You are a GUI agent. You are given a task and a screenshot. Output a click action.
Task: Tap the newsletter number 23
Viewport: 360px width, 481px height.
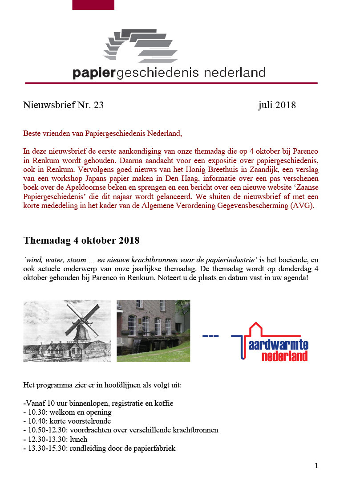[98, 105]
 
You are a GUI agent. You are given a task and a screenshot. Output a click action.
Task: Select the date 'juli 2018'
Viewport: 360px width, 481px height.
[276, 105]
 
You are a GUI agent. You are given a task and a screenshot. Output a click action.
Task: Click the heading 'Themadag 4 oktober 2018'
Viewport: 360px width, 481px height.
[81, 241]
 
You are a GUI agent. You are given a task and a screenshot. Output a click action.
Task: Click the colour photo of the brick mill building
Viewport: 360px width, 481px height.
[153, 330]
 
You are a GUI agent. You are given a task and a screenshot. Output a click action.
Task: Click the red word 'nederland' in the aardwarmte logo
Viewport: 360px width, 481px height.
[284, 356]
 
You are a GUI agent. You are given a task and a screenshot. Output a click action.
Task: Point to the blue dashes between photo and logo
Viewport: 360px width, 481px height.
[210, 335]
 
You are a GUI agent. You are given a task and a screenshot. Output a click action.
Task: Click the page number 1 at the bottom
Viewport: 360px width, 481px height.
[316, 466]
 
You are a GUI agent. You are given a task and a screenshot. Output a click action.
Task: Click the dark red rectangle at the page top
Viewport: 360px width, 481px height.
[93, 4]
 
